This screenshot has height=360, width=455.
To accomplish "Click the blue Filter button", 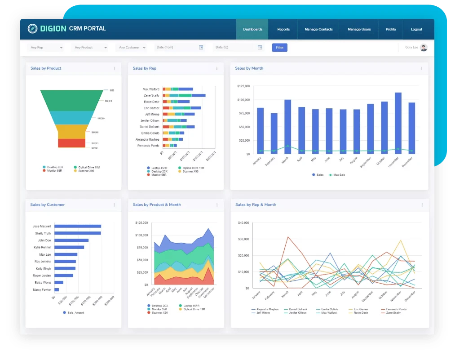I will (x=279, y=47).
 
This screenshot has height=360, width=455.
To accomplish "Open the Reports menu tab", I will (x=283, y=29).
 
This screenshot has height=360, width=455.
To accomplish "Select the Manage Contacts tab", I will (x=318, y=29).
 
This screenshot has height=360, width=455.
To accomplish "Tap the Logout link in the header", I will (x=416, y=29).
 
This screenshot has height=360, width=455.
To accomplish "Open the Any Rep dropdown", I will (x=45, y=47).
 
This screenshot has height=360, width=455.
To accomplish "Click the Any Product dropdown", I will (x=90, y=47).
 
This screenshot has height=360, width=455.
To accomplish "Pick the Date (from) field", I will (x=179, y=47).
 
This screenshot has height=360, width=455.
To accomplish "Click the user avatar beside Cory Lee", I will (x=424, y=47).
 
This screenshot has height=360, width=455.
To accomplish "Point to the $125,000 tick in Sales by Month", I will (x=243, y=86).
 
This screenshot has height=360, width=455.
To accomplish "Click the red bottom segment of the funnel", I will (x=72, y=143).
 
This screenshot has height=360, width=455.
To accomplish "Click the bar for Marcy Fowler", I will (x=57, y=289).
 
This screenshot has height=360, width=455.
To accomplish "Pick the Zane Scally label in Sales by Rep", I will (x=151, y=95).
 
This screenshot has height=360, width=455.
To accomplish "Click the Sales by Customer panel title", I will (x=47, y=204).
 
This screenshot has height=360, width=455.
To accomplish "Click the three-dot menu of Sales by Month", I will (x=421, y=68).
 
